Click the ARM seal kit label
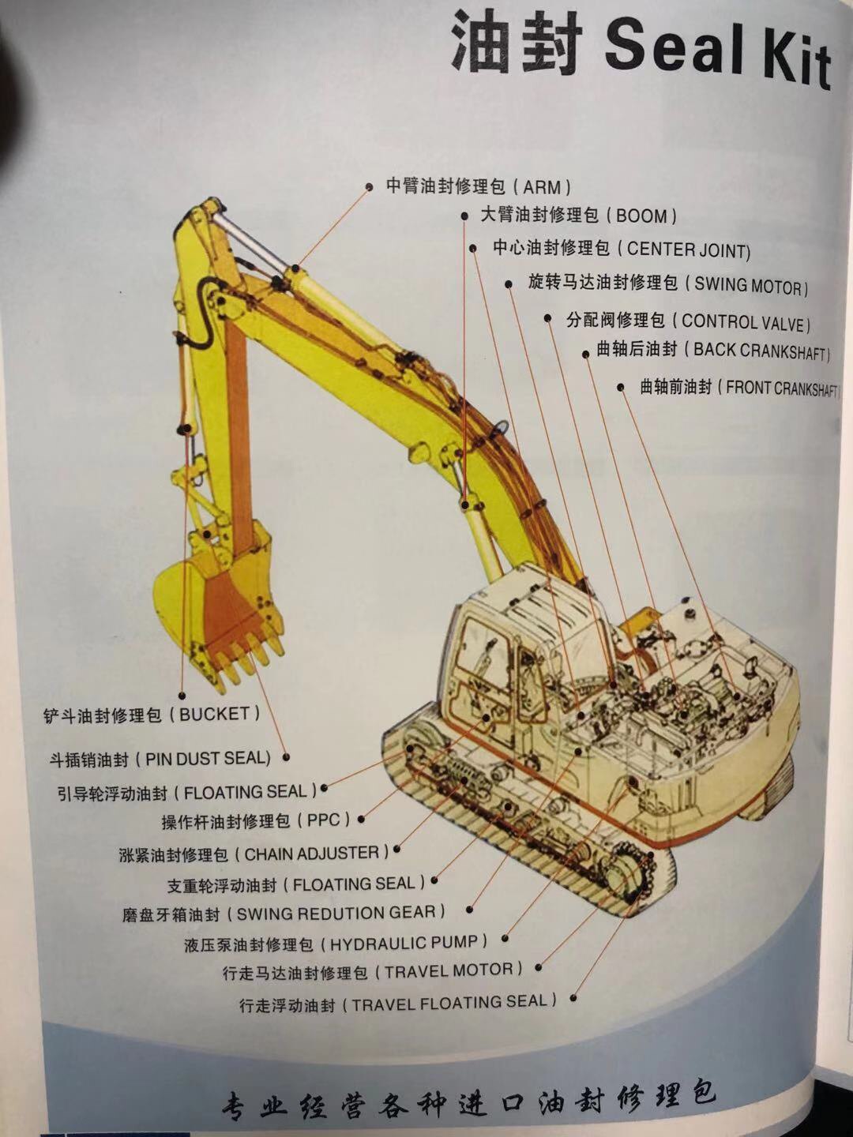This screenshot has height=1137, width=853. tap(479, 186)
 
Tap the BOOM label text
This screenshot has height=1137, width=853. tap(578, 215)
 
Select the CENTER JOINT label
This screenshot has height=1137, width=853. tap(622, 250)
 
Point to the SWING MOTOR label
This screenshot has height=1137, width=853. tap(668, 284)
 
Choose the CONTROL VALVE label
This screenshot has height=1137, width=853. tap(688, 321)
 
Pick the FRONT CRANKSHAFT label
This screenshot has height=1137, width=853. tap(739, 388)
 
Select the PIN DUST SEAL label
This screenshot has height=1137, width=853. tap(160, 760)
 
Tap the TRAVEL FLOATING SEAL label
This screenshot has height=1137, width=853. tap(398, 1002)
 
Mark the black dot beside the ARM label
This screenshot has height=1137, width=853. tap(370, 187)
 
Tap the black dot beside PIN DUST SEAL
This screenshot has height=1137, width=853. tap(287, 758)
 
